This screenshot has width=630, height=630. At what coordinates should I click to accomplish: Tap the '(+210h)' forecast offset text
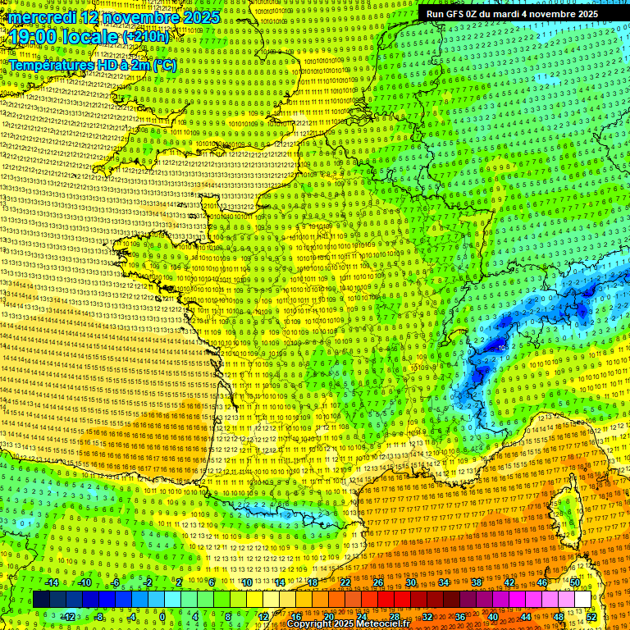click(146, 37)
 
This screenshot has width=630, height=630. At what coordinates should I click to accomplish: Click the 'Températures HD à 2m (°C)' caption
click(92, 64)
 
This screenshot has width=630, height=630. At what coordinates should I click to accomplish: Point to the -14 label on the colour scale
click(53, 582)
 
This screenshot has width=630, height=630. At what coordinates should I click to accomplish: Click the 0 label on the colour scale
click(162, 617)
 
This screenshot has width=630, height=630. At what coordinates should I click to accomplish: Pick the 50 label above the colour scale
click(575, 582)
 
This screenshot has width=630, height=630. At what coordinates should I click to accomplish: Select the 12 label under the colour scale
click(263, 617)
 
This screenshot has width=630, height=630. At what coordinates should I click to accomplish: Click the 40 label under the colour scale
click(492, 617)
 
